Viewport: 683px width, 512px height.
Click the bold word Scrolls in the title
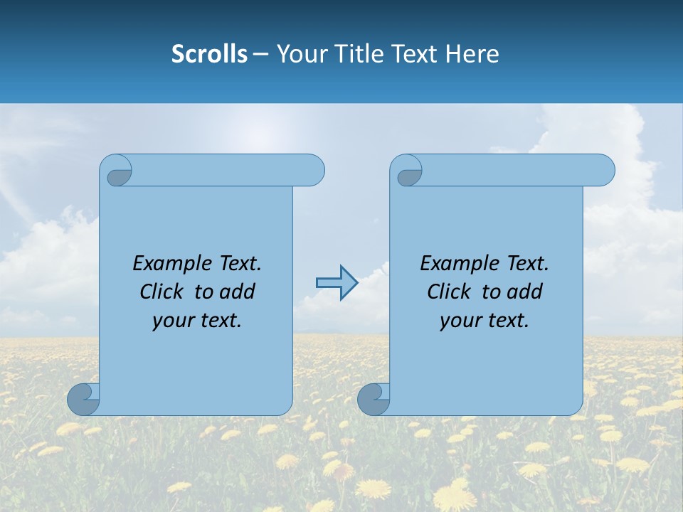point(209,54)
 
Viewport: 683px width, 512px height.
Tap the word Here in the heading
point(472,54)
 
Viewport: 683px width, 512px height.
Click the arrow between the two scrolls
point(337,283)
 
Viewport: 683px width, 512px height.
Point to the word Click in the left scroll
point(162,292)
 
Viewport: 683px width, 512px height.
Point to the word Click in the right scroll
point(449,292)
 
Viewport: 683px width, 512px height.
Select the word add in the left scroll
point(236,292)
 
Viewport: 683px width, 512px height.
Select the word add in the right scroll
point(524,292)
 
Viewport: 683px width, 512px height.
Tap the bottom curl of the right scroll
point(373,400)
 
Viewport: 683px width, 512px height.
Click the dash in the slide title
point(261,54)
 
